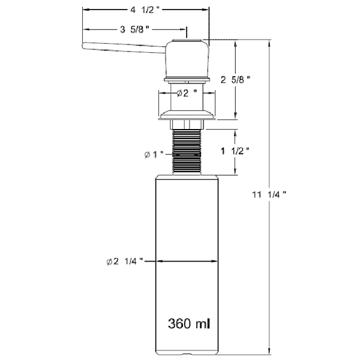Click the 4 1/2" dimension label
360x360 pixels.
point(145,10)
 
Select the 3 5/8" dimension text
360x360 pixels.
point(134,29)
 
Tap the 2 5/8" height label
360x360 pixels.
point(235,80)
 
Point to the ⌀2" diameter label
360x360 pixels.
point(187,93)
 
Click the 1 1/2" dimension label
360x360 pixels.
point(235,151)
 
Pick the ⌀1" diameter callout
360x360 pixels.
point(154,155)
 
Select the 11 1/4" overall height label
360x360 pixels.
point(269,194)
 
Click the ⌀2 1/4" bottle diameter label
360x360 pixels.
point(125,261)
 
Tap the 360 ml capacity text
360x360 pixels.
point(189,324)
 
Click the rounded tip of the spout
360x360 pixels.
point(84,46)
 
